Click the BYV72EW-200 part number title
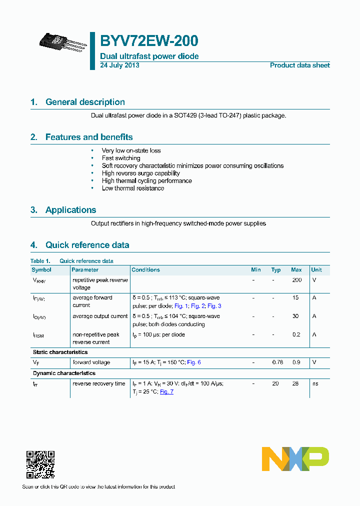[149, 41]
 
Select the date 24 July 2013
[120, 65]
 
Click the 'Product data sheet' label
[299, 65]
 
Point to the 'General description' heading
[85, 102]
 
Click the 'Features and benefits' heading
[89, 137]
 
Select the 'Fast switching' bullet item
[121, 158]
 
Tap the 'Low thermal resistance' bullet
[133, 188]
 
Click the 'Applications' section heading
[70, 210]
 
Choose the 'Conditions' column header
[146, 270]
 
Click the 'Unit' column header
[316, 270]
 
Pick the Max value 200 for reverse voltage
[296, 280]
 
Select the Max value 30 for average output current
[296, 316]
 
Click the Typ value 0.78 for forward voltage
[276, 362]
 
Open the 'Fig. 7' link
[166, 392]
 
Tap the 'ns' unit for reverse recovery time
[315, 384]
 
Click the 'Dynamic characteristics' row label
[64, 373]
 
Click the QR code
[40, 464]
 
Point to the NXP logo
[295, 459]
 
